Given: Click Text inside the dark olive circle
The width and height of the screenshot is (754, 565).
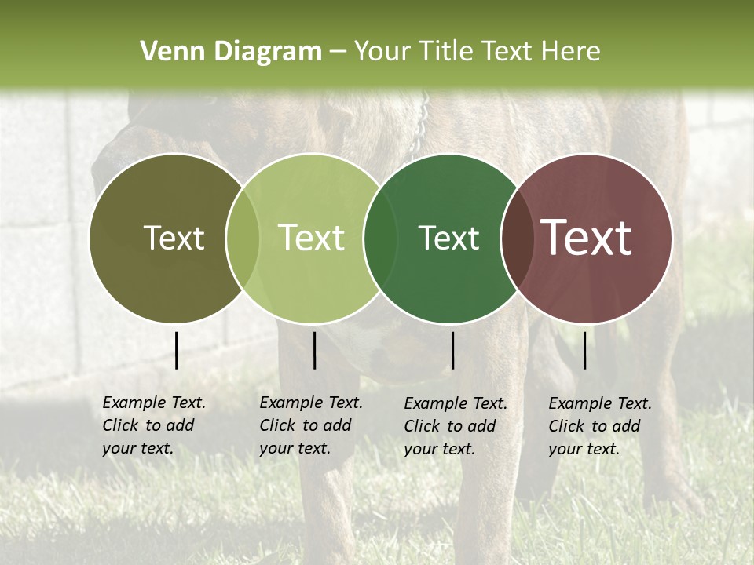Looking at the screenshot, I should (174, 238).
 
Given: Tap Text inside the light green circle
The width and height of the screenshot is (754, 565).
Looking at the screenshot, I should (312, 238).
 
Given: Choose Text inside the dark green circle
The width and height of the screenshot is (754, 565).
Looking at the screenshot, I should (448, 238).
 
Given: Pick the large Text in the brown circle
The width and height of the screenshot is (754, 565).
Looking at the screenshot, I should (587, 238).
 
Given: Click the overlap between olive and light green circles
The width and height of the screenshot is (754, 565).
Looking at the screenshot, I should (243, 239).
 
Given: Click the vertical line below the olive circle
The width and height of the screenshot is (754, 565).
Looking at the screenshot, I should (176, 350).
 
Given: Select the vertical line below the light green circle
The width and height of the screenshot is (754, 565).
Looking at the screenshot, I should (314, 350).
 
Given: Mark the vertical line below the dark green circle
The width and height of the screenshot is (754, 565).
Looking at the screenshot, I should (452, 350).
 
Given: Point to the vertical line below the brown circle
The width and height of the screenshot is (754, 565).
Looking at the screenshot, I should (584, 350).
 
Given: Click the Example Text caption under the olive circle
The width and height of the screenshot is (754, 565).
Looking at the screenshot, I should (153, 425).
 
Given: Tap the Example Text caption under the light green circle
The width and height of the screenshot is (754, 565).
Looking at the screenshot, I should (310, 425).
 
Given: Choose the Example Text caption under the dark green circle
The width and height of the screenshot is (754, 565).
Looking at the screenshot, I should (455, 426).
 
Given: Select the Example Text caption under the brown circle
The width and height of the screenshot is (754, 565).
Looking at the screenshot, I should (599, 426).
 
